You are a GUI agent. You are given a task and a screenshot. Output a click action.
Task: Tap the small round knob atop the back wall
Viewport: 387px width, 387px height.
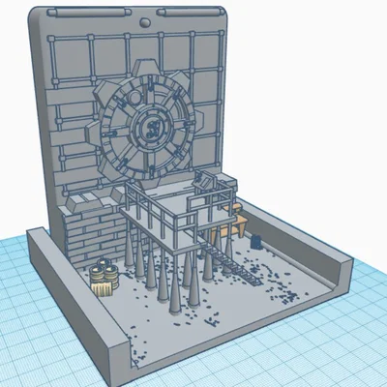145,20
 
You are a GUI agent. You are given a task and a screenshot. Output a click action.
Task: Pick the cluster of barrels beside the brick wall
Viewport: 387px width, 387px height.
104,279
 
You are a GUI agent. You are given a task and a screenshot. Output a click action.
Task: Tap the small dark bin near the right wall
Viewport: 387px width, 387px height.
257,238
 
